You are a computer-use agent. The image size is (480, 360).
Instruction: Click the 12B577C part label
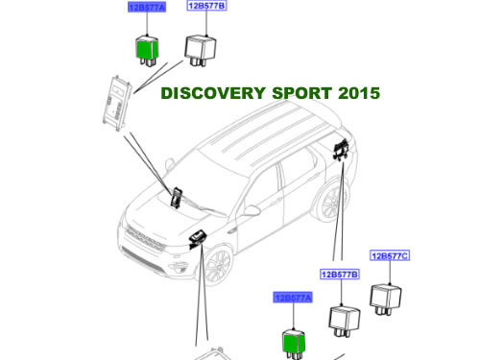pos(390,255)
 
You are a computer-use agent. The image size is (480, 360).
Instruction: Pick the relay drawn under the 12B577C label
pos(389,296)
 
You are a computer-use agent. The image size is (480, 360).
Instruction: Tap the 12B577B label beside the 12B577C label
pos(340,275)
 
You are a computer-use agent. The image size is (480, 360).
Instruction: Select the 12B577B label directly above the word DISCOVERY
pos(206,6)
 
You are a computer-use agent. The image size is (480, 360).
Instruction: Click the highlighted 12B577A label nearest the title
pos(147,7)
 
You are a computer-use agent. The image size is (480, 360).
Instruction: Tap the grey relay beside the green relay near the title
pos(202,48)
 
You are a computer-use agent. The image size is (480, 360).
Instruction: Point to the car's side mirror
pos(252,208)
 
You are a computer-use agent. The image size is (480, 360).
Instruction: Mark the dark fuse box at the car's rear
pos(340,151)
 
